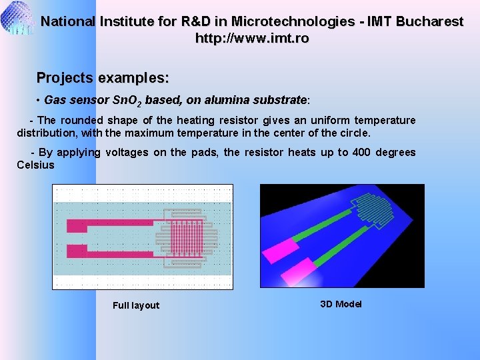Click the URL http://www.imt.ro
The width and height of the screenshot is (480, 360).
coord(251,39)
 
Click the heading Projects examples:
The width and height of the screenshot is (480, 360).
coord(103,77)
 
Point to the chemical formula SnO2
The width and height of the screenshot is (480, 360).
coord(125,101)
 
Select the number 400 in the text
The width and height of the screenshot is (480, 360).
coord(361,153)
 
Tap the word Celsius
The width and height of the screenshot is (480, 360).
coord(35,165)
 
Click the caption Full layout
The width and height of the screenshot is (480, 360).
coord(136,305)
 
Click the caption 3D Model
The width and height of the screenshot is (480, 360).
coord(341,304)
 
